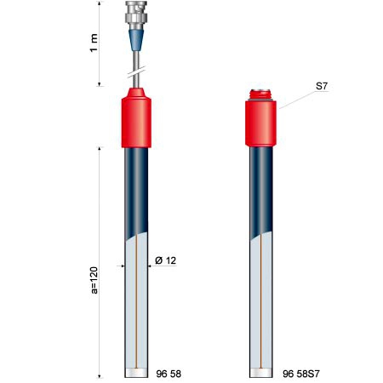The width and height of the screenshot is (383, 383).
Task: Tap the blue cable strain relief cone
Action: click(136, 40)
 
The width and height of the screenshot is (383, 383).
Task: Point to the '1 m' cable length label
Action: click(94, 43)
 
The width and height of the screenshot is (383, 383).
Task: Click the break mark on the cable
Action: click(136, 72)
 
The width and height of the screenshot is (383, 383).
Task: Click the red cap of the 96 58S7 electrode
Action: click(260, 123)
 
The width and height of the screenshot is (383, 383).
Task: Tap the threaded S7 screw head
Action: click(260, 95)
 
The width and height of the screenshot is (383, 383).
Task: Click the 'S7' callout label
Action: click(322, 86)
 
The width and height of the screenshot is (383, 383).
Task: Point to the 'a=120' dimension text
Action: click(94, 280)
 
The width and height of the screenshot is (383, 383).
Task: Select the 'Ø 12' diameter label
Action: click(166, 260)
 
